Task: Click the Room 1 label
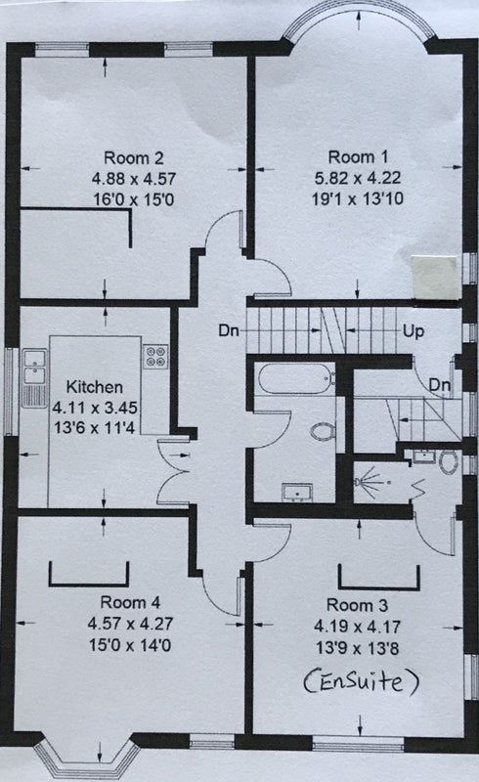click(358, 157)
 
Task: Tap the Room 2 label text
click(133, 158)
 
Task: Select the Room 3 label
click(357, 605)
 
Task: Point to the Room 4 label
click(130, 602)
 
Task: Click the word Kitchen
click(94, 387)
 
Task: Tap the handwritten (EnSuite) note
click(361, 681)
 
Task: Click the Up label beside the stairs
click(414, 330)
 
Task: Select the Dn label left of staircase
click(229, 330)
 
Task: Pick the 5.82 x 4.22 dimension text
click(358, 178)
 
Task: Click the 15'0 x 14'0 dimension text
click(130, 645)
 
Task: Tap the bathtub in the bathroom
click(295, 378)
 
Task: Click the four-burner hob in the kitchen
click(155, 357)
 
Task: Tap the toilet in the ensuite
click(449, 462)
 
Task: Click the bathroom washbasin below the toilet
click(297, 493)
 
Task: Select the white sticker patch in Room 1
click(435, 278)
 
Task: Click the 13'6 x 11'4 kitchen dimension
click(94, 428)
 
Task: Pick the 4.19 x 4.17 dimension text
click(357, 627)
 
